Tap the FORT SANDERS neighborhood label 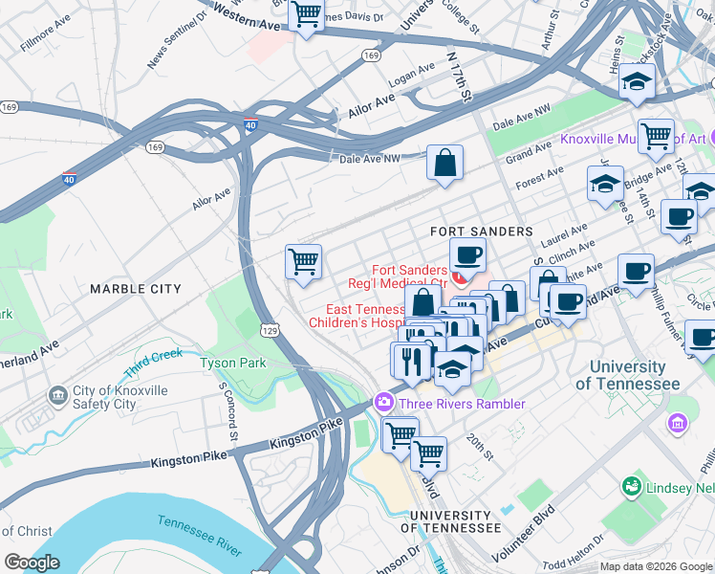(481, 232)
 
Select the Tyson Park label (232, 363)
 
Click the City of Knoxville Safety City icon (58, 394)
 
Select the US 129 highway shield (271, 329)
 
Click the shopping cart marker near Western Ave (306, 15)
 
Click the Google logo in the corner (32, 563)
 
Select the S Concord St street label (229, 410)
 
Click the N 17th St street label (461, 78)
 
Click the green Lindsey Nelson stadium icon (630, 487)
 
